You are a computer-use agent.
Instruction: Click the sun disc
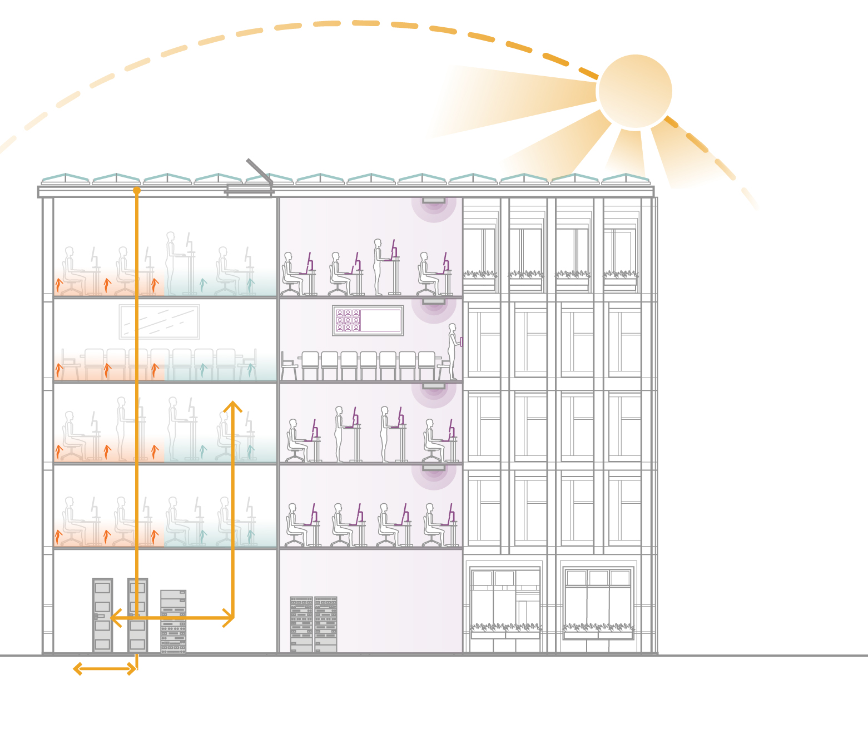(635, 91)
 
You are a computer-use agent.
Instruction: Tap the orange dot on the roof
(137, 190)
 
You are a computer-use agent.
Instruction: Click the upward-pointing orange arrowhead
(232, 406)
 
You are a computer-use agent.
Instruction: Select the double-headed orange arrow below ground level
(105, 668)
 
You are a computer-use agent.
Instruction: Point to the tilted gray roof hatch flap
(259, 171)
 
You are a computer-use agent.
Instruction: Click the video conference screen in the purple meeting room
(368, 320)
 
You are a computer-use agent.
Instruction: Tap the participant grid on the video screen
(348, 320)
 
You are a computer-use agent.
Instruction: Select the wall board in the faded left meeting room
(159, 321)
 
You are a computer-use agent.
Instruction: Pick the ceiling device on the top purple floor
(434, 200)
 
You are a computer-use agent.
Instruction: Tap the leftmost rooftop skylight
(66, 178)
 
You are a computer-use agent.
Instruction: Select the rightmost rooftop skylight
(626, 178)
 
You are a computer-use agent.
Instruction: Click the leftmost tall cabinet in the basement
(102, 615)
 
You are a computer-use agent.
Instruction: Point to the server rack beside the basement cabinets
(173, 622)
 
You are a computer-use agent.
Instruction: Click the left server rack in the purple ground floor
(301, 624)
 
